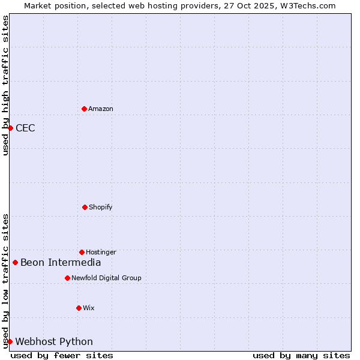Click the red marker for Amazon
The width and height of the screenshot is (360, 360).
(84, 109)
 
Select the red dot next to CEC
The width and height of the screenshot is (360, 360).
(10, 128)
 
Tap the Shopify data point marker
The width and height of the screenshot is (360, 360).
(85, 207)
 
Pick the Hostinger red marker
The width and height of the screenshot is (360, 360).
(82, 252)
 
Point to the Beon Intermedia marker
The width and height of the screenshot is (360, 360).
(15, 262)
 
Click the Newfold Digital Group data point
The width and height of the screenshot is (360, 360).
(67, 278)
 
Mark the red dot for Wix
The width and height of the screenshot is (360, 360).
(79, 308)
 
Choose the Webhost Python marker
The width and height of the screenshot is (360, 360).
(10, 341)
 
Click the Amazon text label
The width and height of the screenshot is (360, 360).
(101, 109)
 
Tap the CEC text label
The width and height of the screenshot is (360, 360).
(25, 128)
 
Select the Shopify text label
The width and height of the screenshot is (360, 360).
(101, 207)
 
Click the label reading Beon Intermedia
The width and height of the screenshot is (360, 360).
(61, 262)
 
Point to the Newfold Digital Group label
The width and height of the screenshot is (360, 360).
(106, 278)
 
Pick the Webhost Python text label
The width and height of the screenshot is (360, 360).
(54, 341)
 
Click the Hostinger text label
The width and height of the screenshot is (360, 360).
(101, 252)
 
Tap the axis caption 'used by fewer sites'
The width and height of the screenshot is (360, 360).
(62, 355)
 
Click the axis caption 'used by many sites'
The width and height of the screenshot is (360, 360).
(301, 355)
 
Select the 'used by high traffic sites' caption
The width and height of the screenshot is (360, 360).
(5, 85)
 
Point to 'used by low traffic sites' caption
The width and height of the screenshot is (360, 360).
(5, 281)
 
